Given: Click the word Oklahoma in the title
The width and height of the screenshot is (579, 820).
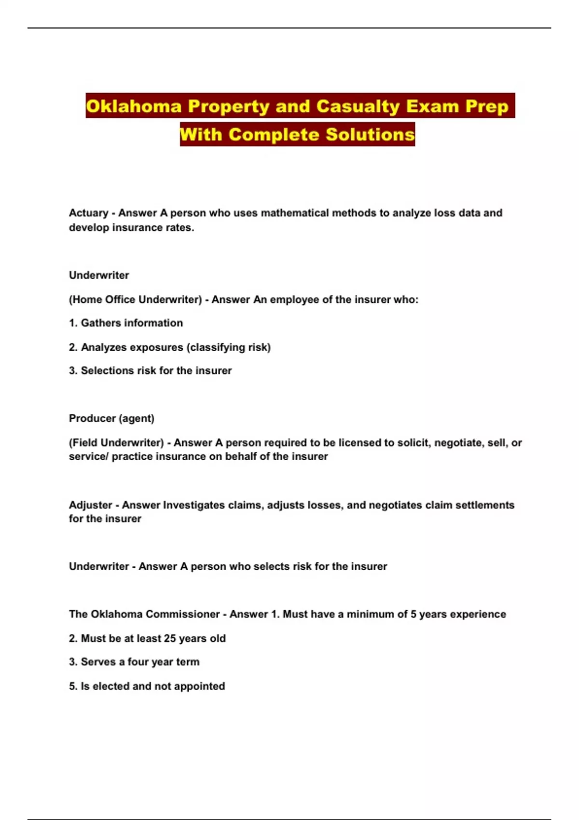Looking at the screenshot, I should click(x=134, y=106).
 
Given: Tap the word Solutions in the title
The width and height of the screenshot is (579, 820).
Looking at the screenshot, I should click(x=370, y=134).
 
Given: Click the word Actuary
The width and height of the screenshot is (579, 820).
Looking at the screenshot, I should click(x=88, y=213).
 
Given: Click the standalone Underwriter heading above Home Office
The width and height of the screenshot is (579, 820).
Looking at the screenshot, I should click(x=99, y=275).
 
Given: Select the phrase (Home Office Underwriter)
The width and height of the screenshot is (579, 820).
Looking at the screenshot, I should click(x=135, y=300).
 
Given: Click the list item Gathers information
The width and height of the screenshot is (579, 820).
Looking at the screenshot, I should click(x=132, y=323).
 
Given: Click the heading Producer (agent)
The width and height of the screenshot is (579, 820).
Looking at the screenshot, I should click(x=111, y=419).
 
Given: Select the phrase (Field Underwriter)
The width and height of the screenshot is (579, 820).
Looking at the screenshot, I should click(x=116, y=443).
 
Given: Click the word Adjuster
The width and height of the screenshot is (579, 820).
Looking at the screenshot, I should click(x=90, y=505).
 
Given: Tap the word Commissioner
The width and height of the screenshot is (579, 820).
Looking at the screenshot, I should click(x=182, y=614).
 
